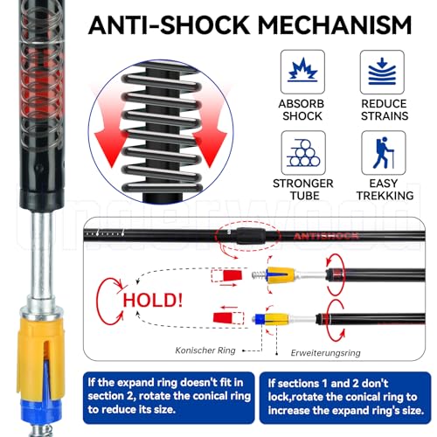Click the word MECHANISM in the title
point(335,25)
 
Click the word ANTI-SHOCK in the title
point(169,25)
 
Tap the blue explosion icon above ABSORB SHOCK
point(302,70)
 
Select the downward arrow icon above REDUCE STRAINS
point(382,72)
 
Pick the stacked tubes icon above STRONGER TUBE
point(303,152)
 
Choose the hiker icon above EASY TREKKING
point(384,153)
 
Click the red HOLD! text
point(153,300)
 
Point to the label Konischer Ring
point(205,350)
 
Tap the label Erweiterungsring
point(325,353)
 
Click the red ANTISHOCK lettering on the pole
point(326,236)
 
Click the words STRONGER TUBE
point(303,190)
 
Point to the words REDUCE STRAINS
point(385,110)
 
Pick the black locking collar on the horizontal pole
point(251,236)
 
